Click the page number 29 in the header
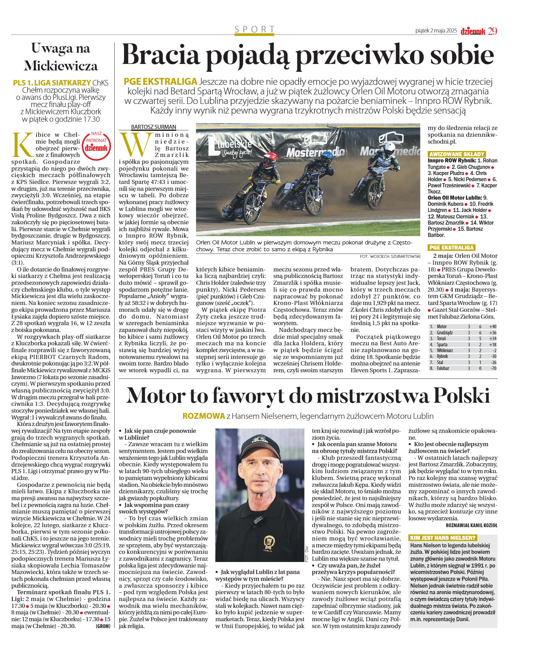click(x=492, y=31)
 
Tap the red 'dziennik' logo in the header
click(x=473, y=31)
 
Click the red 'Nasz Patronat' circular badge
click(x=96, y=145)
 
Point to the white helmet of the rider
click(x=389, y=148)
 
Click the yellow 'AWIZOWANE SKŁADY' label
click(x=457, y=154)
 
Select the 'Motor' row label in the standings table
click(x=442, y=326)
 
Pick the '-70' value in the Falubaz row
click(x=493, y=368)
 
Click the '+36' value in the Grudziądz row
click(x=493, y=333)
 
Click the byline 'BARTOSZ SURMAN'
click(x=154, y=127)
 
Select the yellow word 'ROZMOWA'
click(x=204, y=416)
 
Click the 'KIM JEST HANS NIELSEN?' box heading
click(x=443, y=538)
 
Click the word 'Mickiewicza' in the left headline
click(x=61, y=66)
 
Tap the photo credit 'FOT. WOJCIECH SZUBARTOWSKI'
click(x=390, y=256)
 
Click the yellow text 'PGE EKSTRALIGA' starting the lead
click(x=160, y=81)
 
